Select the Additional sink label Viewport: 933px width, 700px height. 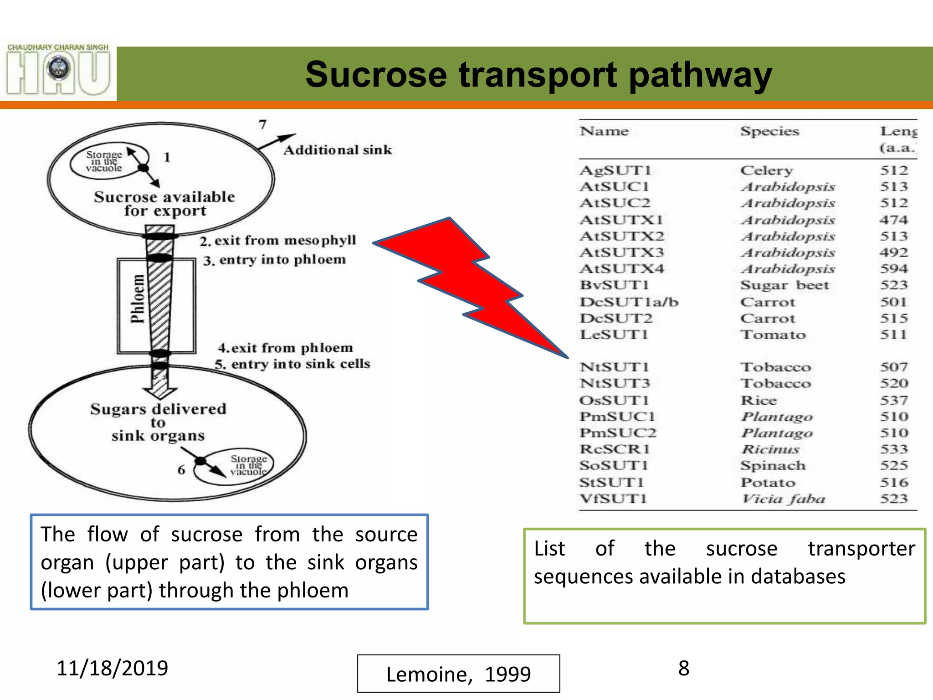(x=338, y=150)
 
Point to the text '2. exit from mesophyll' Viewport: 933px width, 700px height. (x=277, y=240)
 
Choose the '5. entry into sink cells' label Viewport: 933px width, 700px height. (x=292, y=364)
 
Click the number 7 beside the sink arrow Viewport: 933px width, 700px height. (x=262, y=124)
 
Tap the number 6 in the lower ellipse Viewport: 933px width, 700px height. (x=181, y=469)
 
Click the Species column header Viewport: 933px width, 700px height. (x=769, y=131)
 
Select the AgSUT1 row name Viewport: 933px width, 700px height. (x=615, y=170)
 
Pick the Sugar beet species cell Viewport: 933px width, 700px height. (x=784, y=285)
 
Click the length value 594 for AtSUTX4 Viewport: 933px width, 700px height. (x=894, y=269)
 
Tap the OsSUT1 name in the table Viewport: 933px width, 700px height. (x=614, y=401)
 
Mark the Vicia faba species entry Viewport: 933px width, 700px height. (x=783, y=499)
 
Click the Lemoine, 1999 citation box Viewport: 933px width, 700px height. (x=458, y=674)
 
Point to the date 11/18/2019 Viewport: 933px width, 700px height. (x=112, y=668)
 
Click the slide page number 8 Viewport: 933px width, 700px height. (x=683, y=669)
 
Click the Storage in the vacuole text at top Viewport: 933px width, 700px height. (x=104, y=161)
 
